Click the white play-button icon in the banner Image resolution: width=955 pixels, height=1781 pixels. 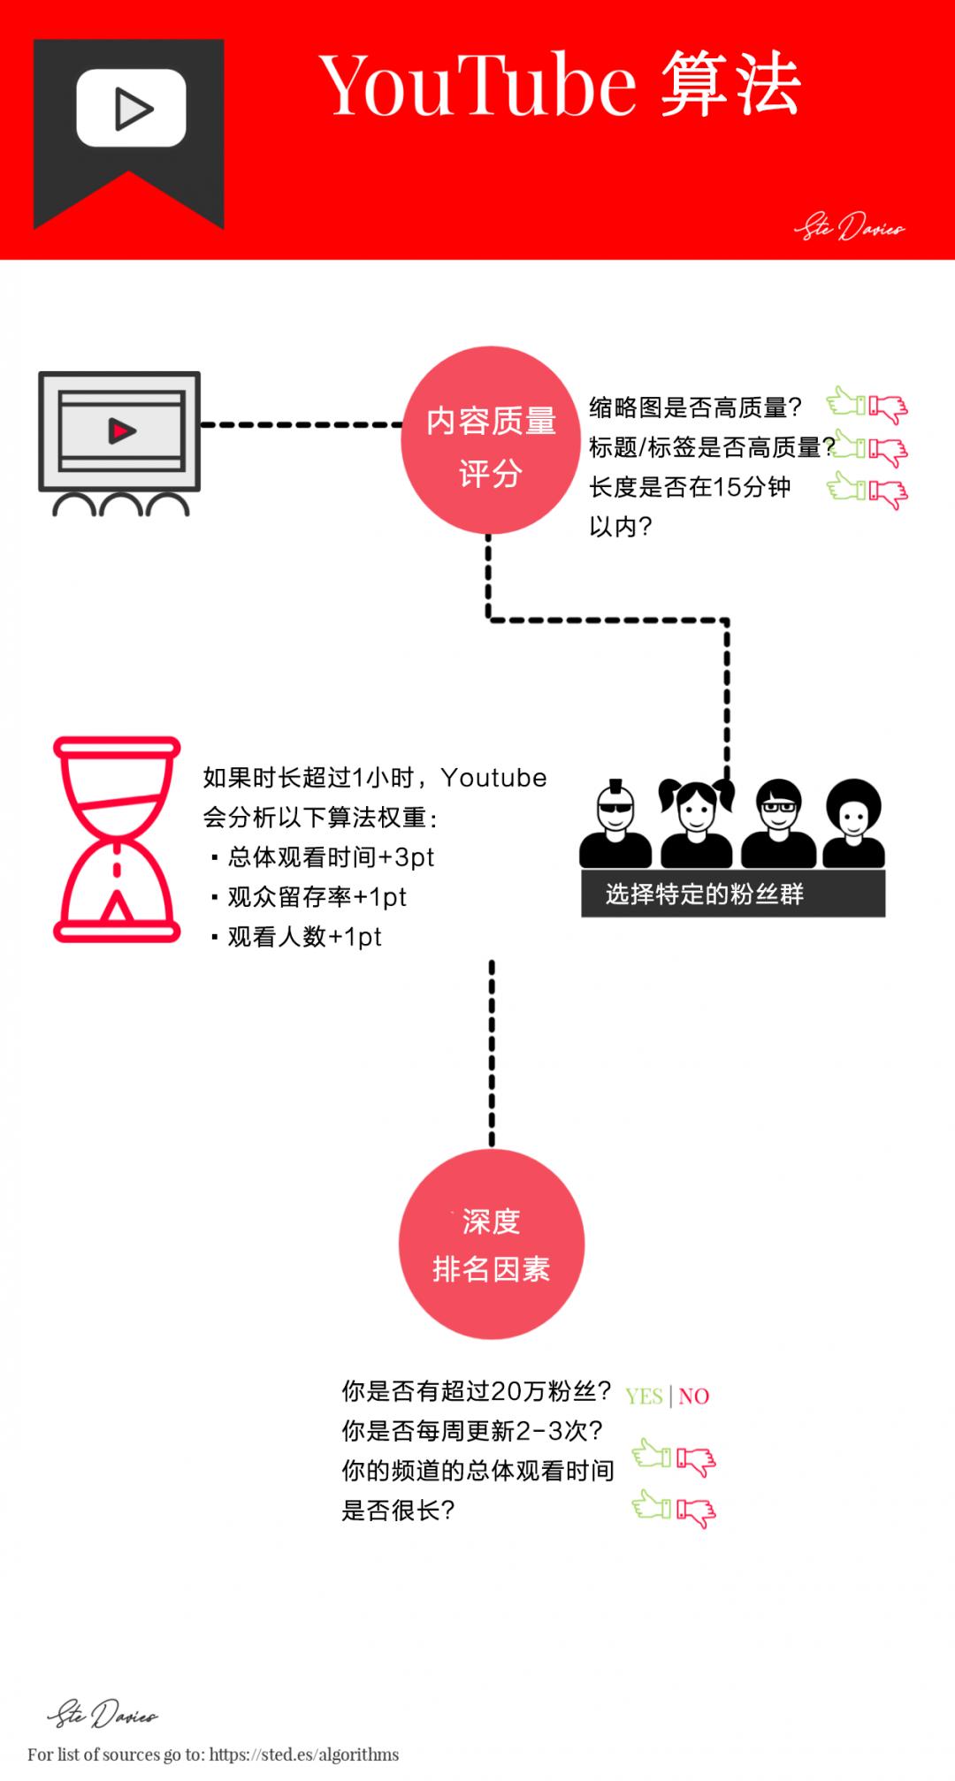pyautogui.click(x=131, y=108)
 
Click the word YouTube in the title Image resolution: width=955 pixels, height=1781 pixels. pyautogui.click(x=477, y=86)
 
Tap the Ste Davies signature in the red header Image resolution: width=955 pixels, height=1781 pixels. pyautogui.click(x=850, y=227)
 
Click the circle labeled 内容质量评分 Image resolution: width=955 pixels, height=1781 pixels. pyautogui.click(x=491, y=440)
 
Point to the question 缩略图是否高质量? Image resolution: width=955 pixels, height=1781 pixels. pyautogui.click(x=695, y=407)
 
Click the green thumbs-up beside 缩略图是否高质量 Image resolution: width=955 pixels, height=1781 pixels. pyautogui.click(x=846, y=403)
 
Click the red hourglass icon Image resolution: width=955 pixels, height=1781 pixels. pyautogui.click(x=117, y=840)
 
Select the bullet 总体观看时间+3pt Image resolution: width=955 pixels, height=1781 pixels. pyautogui.click(x=323, y=857)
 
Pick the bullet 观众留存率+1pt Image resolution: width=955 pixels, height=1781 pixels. pyautogui.click(x=309, y=897)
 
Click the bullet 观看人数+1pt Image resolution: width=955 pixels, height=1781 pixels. pyautogui.click(x=296, y=937)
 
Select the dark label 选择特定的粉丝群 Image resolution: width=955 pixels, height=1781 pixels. pyautogui.click(x=733, y=894)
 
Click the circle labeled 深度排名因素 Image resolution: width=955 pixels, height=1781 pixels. pyautogui.click(x=492, y=1244)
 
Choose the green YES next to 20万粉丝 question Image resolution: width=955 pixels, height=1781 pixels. pyautogui.click(x=644, y=1397)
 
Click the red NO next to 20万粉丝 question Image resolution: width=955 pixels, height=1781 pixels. pyautogui.click(x=694, y=1397)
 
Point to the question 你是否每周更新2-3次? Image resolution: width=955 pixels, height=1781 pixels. pyautogui.click(x=472, y=1431)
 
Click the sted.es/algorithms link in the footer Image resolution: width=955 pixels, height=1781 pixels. pyautogui.click(x=304, y=1754)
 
